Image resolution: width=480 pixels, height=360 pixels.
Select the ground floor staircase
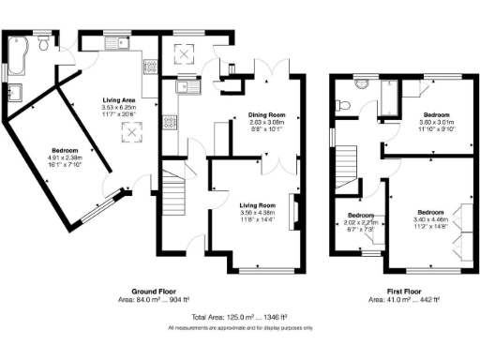click(x=176, y=197)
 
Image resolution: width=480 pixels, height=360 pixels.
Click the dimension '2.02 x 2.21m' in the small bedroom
click(x=362, y=221)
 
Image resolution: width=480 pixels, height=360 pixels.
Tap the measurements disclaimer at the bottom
click(x=240, y=328)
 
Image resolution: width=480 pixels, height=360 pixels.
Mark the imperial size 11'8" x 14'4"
click(x=255, y=218)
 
